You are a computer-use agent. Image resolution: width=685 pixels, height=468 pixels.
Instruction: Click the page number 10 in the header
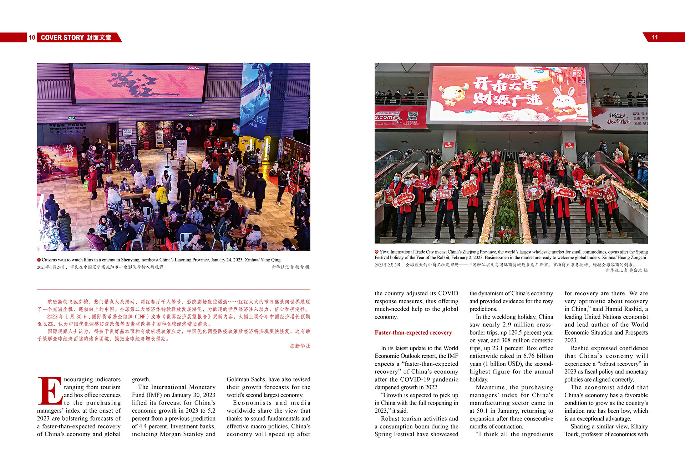[x=32, y=37]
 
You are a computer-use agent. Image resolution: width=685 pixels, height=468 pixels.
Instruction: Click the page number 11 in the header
[x=655, y=37]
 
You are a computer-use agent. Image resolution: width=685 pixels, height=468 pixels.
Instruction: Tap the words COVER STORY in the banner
[x=62, y=37]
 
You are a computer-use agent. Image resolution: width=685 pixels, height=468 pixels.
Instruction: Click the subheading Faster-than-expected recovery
[x=413, y=332]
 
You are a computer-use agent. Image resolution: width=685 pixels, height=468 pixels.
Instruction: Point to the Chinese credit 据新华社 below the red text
[x=300, y=346]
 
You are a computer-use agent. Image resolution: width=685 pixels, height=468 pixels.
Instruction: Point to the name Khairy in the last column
[x=639, y=426]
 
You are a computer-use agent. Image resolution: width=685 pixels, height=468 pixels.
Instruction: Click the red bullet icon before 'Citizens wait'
[x=39, y=260]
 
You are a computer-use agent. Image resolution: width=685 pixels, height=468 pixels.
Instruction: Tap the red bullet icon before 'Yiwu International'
[x=376, y=252]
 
